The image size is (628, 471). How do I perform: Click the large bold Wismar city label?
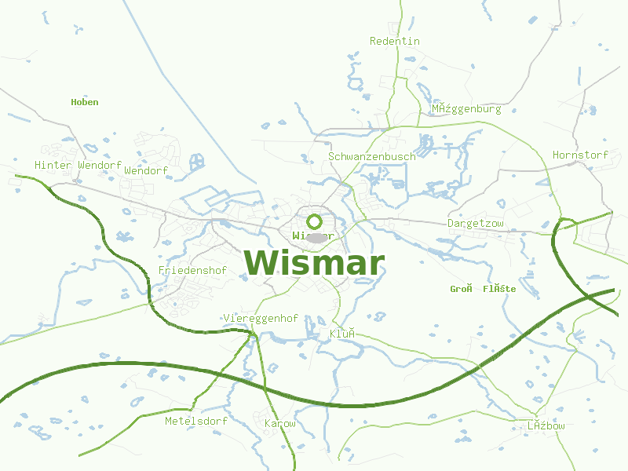click(x=314, y=263)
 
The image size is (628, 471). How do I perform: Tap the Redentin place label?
click(x=395, y=41)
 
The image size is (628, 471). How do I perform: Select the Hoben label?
click(x=85, y=102)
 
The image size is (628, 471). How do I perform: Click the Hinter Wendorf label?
click(x=78, y=166)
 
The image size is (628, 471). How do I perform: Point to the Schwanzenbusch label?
click(x=371, y=156)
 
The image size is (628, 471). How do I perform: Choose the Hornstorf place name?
click(x=580, y=155)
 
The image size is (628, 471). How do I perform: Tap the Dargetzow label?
click(x=475, y=224)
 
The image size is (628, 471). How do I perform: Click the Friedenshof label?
click(x=192, y=271)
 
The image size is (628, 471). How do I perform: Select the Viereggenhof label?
click(x=261, y=318)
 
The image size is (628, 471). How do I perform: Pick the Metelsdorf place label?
click(x=196, y=422)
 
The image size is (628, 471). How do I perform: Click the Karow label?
click(x=280, y=424)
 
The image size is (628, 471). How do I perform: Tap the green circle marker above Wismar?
click(x=315, y=221)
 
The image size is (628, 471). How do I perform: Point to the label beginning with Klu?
click(x=342, y=334)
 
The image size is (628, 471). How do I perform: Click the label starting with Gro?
click(x=461, y=289)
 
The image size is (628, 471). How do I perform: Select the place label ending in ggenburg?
click(x=466, y=109)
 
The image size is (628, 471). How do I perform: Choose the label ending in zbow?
click(x=546, y=425)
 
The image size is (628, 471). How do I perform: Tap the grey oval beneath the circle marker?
click(x=316, y=237)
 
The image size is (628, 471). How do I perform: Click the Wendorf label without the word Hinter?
click(x=146, y=170)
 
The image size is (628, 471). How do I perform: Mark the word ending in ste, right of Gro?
click(x=499, y=289)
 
